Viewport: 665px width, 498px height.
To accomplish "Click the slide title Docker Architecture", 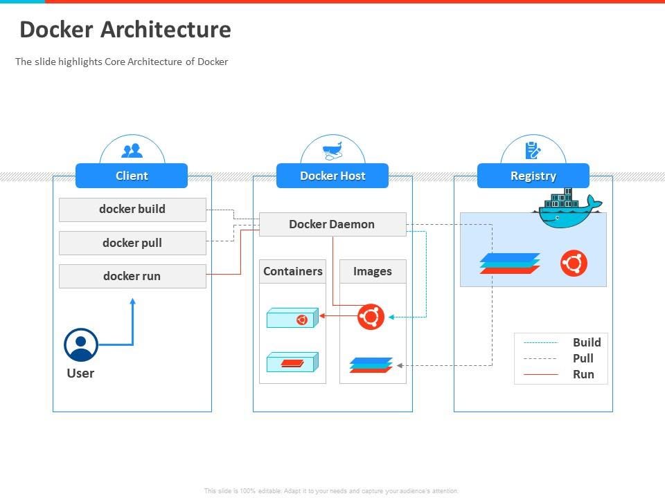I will [125, 30].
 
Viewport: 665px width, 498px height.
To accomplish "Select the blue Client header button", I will [132, 176].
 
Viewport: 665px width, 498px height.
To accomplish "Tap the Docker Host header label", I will [332, 176].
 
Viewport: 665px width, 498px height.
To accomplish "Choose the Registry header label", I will [533, 176].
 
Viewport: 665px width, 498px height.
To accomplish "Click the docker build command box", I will [132, 209].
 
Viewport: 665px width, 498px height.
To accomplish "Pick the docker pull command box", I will [132, 243].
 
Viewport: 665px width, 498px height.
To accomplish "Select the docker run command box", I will [132, 276].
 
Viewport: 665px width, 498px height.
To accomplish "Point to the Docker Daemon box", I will [332, 224].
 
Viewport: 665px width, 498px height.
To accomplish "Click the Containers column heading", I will [292, 271].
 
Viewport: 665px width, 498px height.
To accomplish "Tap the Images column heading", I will [373, 271].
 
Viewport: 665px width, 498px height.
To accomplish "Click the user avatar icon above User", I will [81, 344].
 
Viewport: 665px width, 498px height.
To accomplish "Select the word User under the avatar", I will [80, 373].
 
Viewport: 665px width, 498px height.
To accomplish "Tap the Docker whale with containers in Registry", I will [567, 210].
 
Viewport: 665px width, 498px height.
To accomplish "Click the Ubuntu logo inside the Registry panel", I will [574, 264].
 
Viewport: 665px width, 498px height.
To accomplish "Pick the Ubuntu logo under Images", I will [371, 317].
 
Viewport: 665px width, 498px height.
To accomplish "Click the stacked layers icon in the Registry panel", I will [510, 264].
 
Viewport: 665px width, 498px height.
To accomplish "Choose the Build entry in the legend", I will [586, 342].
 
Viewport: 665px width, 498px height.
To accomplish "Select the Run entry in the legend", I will [583, 374].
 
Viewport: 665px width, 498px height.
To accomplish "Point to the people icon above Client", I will [132, 150].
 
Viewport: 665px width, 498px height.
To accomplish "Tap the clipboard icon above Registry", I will [533, 150].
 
